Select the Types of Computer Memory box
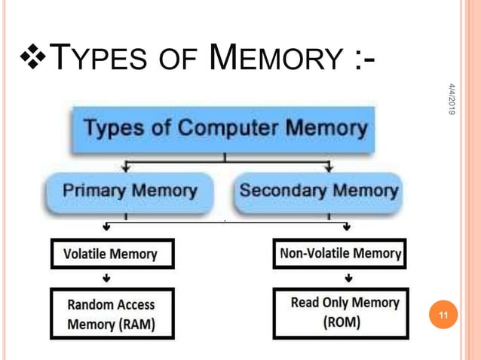(x=224, y=130)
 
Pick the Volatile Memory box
(x=112, y=254)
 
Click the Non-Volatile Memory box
(x=339, y=254)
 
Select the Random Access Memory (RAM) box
(x=112, y=315)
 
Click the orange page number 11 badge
(x=443, y=316)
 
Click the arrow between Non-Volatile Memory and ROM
(x=346, y=278)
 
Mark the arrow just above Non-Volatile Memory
(x=346, y=226)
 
